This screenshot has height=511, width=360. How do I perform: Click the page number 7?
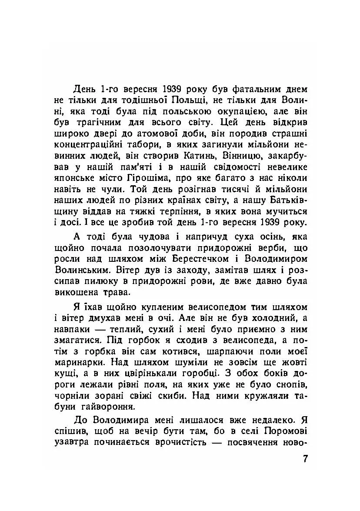(x=305, y=459)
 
